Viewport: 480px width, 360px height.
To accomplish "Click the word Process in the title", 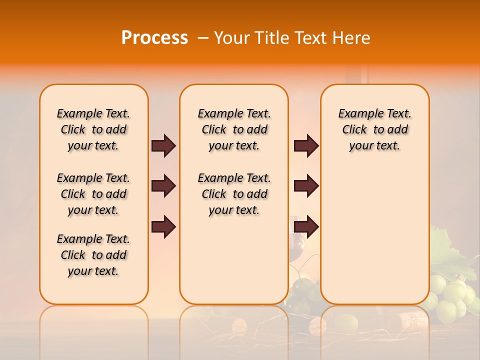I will coord(154,38).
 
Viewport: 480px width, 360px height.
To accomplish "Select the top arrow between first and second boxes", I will coord(163,146).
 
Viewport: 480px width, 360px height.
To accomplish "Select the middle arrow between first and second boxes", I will coord(163,186).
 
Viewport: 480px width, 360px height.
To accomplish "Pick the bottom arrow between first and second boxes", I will coord(163,227).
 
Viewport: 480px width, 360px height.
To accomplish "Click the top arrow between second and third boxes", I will coord(306,146).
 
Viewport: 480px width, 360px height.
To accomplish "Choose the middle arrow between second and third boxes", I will coord(306,186).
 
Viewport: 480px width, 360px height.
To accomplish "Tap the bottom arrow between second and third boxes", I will coord(306,227).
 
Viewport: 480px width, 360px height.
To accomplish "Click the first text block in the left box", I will coord(93,129).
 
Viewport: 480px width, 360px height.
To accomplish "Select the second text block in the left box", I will coord(93,194).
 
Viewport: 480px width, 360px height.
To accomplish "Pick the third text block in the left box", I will coord(93,255).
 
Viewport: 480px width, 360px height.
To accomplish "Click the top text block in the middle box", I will coord(234,129).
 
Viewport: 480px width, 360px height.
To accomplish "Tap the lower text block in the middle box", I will coord(234,194).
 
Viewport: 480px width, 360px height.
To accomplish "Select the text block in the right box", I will coord(374,129).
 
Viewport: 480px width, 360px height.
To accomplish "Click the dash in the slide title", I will coord(203,38).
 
